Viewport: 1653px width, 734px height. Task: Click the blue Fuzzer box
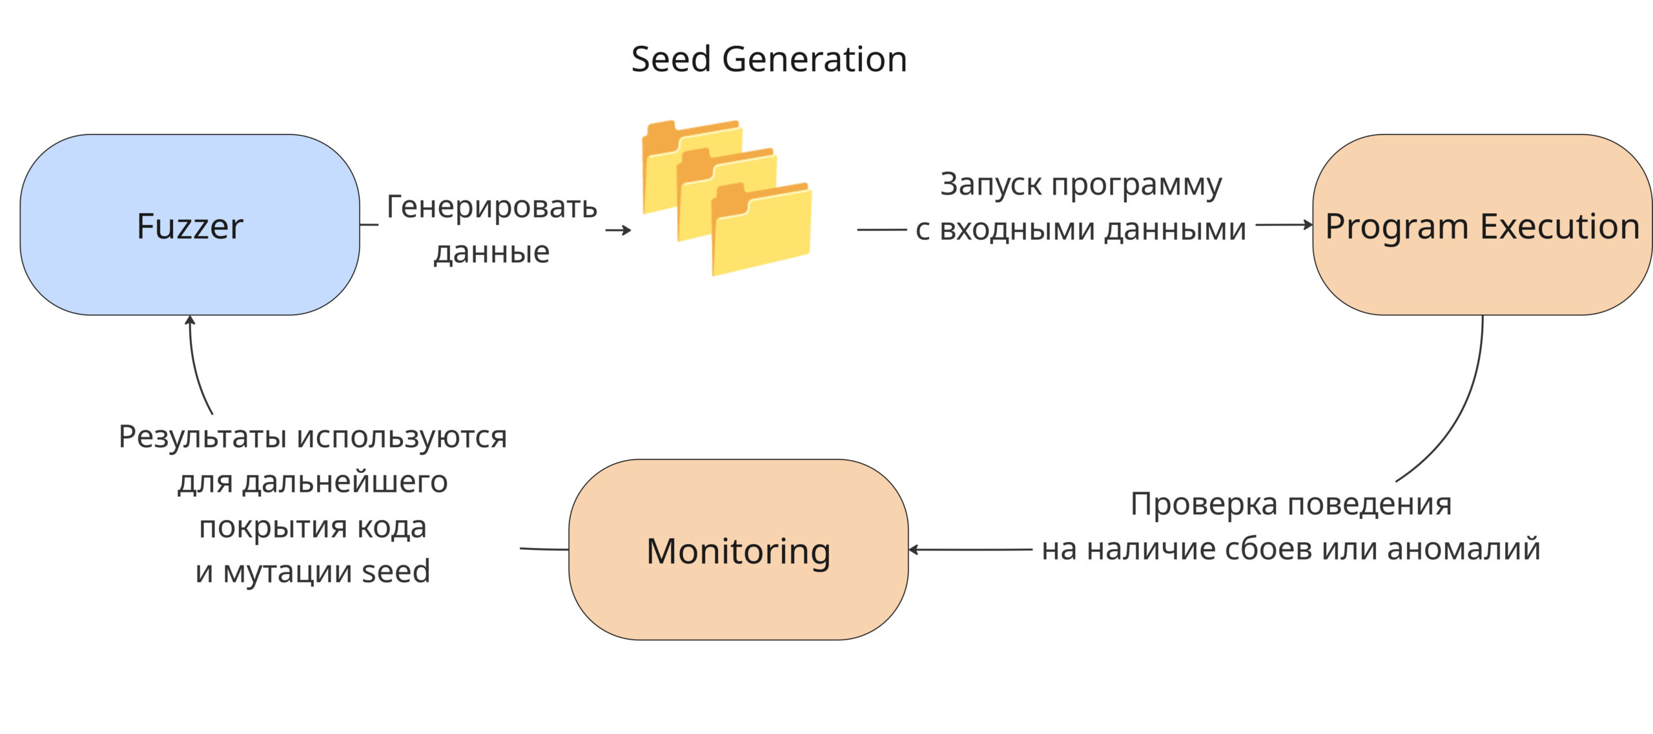tap(189, 225)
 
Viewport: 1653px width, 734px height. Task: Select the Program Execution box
tap(1482, 225)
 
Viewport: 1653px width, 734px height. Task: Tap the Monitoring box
tap(738, 550)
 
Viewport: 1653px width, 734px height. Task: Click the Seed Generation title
tap(768, 59)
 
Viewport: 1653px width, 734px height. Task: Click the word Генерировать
tap(491, 207)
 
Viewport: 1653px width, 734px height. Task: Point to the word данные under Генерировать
tap(491, 252)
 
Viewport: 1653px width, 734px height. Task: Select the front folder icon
tap(762, 233)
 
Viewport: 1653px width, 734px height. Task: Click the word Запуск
tap(993, 184)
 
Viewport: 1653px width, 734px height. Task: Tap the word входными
tap(1018, 229)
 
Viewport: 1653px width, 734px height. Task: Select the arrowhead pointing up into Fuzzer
tap(190, 320)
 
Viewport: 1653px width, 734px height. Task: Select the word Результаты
tap(203, 437)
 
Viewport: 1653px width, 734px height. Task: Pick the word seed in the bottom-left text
tap(395, 572)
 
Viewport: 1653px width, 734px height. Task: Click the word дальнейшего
tap(345, 482)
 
